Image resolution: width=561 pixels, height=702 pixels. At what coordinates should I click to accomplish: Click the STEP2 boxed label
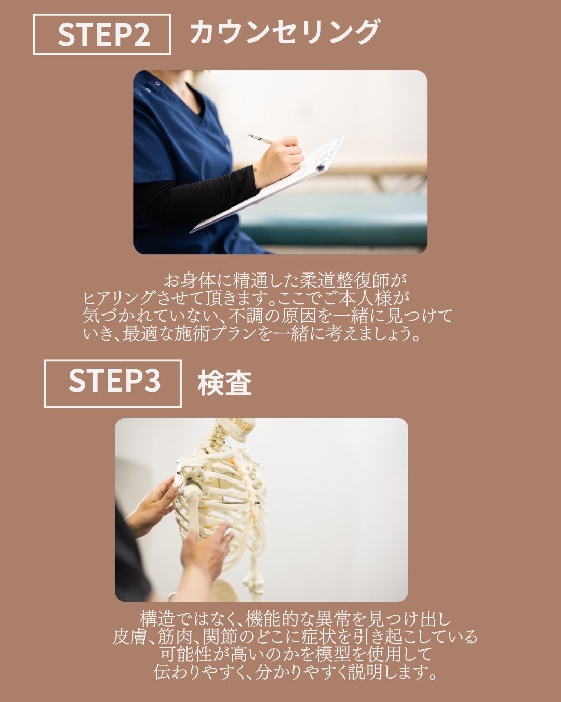(102, 34)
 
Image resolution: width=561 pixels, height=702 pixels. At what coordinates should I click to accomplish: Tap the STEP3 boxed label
(113, 383)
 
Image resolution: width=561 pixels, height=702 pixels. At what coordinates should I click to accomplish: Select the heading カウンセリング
(284, 32)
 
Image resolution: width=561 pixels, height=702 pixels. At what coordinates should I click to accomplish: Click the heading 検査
(224, 383)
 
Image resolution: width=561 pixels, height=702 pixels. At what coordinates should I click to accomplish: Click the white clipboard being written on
(268, 184)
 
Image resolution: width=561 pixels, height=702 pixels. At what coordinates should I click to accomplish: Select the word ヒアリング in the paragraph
(118, 298)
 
